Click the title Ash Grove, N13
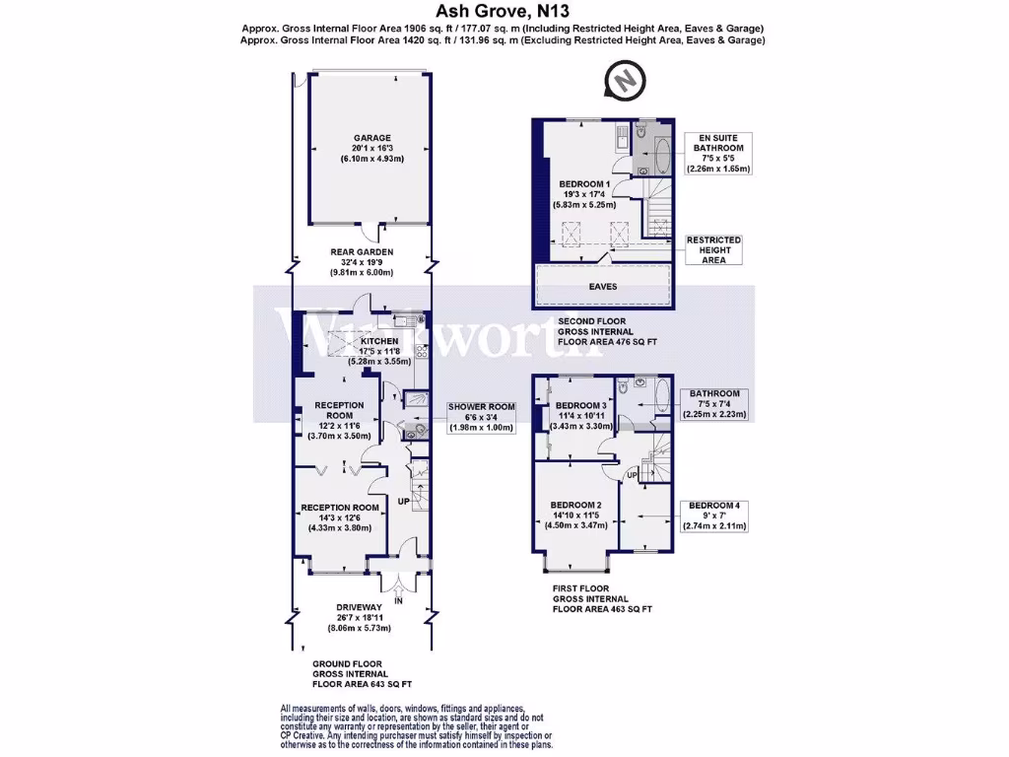[x=504, y=13]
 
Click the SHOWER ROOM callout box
[x=482, y=417]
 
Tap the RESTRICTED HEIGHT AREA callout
[x=713, y=249]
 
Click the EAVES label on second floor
[x=602, y=286]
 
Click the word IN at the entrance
[x=398, y=599]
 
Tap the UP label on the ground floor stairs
[x=403, y=501]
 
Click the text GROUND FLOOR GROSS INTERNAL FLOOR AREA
[x=348, y=673]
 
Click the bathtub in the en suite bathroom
[x=661, y=157]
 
